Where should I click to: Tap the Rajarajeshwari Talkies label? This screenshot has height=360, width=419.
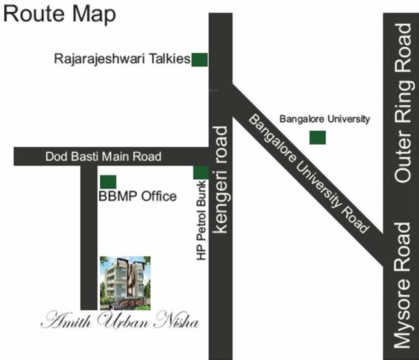(122, 60)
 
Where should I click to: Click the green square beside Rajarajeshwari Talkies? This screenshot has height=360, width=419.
(200, 60)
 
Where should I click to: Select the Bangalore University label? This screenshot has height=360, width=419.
(324, 119)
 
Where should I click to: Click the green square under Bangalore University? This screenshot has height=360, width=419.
(318, 138)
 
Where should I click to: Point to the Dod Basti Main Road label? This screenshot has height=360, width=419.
(103, 157)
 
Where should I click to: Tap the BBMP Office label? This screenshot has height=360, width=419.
(138, 196)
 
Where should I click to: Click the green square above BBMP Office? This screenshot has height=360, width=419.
(108, 182)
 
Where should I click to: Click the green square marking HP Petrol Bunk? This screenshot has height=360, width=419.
(200, 173)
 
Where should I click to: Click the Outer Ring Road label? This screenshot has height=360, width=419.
(404, 103)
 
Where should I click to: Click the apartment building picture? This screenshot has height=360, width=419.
(124, 282)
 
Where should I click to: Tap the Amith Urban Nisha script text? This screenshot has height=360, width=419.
(119, 322)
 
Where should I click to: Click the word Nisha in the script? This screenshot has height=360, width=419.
(178, 322)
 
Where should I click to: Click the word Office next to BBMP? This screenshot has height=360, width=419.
(159, 196)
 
